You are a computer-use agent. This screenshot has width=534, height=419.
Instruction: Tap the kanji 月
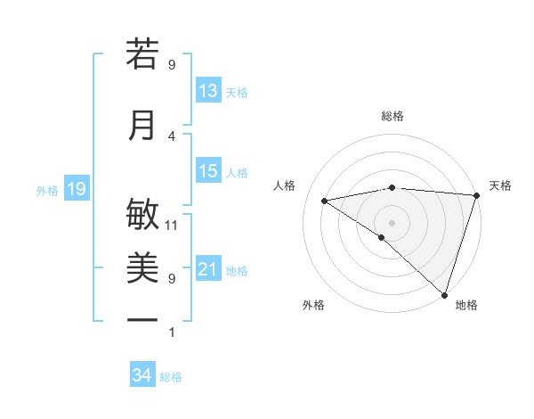click(x=142, y=125)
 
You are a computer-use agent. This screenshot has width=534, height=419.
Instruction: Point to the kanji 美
click(x=142, y=267)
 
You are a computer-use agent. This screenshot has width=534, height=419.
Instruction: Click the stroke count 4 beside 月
click(x=172, y=136)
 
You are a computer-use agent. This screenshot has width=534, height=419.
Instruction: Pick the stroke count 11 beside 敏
click(x=172, y=225)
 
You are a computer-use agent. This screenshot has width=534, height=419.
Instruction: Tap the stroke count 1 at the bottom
click(x=172, y=333)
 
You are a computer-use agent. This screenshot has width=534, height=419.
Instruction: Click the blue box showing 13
click(x=208, y=91)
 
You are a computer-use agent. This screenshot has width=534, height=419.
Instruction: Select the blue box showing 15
click(x=208, y=171)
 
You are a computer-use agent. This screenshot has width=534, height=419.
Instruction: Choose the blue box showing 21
click(x=208, y=269)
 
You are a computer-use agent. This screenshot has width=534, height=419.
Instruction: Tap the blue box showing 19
click(x=76, y=189)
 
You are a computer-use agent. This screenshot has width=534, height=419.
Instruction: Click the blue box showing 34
click(x=142, y=375)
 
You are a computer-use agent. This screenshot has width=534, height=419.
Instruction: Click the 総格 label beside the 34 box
click(x=171, y=377)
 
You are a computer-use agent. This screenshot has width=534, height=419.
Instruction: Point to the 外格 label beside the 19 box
click(x=47, y=190)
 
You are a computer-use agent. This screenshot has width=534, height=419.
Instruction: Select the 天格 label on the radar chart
click(x=500, y=185)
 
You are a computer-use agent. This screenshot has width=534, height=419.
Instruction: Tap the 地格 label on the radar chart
click(x=466, y=305)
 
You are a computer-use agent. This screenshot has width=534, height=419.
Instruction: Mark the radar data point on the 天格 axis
click(x=476, y=195)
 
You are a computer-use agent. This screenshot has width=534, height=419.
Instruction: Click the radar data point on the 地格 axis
click(x=444, y=294)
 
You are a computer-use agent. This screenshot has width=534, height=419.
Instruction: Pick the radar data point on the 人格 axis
click(x=324, y=201)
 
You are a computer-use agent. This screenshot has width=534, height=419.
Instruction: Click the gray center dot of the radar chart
click(x=392, y=222)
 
